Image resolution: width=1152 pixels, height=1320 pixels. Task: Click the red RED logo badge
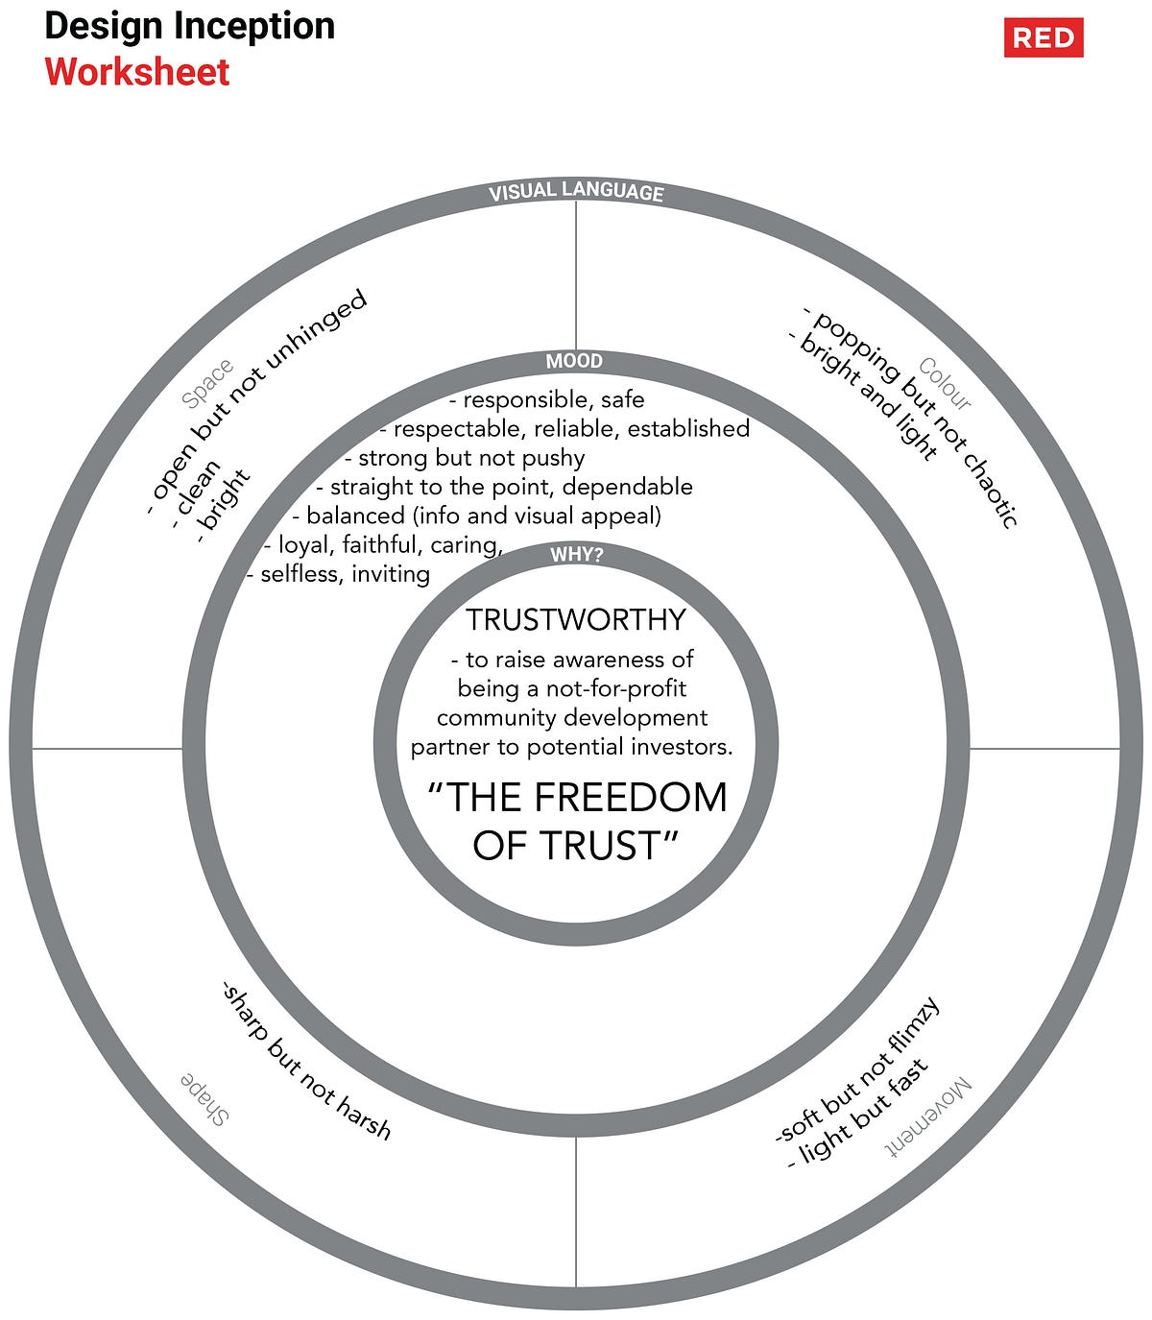1044,38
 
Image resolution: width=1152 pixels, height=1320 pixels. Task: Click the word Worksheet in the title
137,73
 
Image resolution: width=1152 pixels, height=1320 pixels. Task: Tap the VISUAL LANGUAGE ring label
576,192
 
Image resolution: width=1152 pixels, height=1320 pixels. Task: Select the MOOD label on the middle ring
574,362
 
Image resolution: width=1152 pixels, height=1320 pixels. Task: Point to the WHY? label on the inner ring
576,555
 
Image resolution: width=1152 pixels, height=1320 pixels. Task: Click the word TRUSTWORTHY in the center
576,620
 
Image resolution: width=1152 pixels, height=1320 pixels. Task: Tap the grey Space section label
208,383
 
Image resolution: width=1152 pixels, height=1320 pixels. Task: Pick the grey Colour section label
945,383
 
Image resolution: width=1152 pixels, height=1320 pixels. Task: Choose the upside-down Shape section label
204,1098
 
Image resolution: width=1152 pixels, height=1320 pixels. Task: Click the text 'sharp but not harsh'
306,1060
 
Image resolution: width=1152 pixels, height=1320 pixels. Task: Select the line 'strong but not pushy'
465,459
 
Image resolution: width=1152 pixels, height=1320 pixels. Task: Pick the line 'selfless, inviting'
338,575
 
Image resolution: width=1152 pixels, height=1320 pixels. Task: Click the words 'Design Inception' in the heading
190,26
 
